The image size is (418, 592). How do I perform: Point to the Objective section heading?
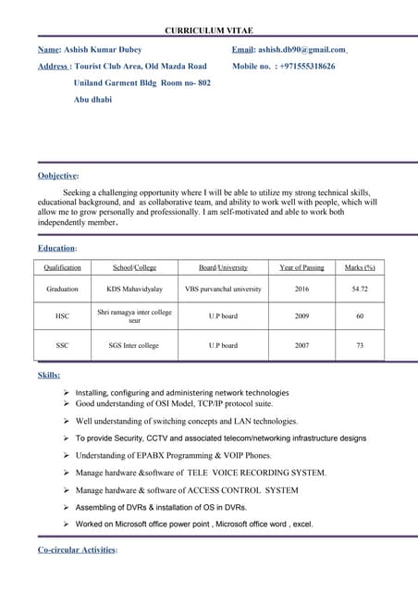click(x=58, y=175)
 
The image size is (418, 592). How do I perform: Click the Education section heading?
click(x=57, y=248)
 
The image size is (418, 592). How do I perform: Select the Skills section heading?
click(x=49, y=376)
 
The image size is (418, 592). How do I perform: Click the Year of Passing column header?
click(x=301, y=267)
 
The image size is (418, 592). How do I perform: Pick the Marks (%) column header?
click(x=360, y=267)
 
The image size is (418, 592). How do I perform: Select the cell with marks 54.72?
click(x=360, y=289)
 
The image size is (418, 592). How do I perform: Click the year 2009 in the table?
click(x=301, y=316)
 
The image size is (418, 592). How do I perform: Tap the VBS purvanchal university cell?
click(x=223, y=289)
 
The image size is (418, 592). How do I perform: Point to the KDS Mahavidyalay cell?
click(x=134, y=289)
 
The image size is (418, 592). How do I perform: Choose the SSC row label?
click(x=62, y=345)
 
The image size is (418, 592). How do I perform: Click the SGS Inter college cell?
click(x=134, y=345)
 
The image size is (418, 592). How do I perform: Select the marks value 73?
click(x=360, y=345)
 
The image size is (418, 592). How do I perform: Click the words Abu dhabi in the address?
click(x=92, y=100)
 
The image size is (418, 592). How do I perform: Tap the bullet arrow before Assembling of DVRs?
click(x=68, y=508)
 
